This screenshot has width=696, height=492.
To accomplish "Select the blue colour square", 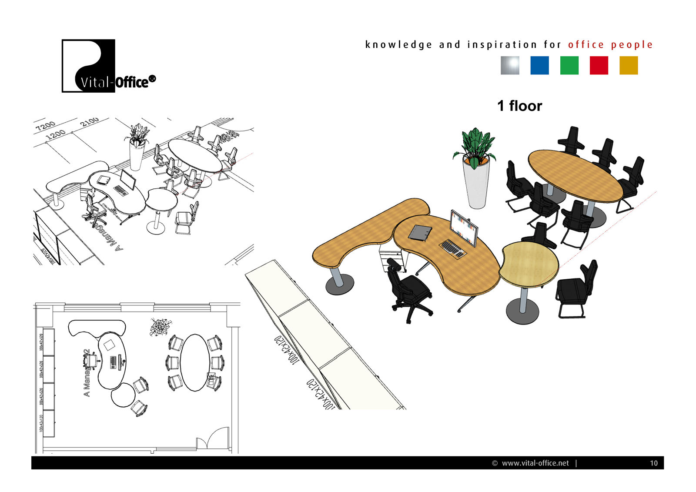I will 539,66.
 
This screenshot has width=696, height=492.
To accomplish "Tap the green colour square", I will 569,66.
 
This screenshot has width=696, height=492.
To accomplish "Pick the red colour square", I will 599,66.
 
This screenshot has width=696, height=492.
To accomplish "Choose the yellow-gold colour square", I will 629,66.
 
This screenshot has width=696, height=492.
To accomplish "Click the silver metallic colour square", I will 510,66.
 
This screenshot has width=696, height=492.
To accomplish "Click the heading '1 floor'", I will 519,106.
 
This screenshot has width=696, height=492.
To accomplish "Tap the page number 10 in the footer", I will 653,463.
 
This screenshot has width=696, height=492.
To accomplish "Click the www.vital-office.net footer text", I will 535,463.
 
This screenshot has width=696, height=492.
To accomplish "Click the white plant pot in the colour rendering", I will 477,185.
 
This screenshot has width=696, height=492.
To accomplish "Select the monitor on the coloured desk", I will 463,228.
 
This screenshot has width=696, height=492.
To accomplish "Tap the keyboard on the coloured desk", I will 453,248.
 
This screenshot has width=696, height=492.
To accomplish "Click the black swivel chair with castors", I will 407,289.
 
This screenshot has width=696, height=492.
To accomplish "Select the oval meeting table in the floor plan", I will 194,362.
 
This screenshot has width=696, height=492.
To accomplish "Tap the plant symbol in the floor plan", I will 160,327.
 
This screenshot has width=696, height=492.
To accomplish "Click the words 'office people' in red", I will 610,45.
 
